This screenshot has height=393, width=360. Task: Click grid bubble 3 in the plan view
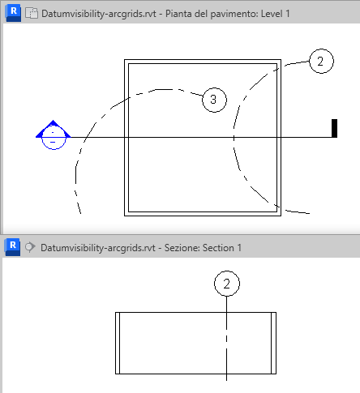[214, 100]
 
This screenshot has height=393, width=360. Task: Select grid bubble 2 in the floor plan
[321, 61]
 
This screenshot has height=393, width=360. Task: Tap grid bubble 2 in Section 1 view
[227, 284]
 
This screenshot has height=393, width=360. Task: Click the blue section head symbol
[54, 135]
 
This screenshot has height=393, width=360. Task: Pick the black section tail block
[334, 128]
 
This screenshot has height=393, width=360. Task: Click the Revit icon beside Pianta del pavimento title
[13, 13]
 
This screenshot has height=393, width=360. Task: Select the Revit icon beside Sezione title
[12, 247]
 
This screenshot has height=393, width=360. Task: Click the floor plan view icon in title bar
[32, 13]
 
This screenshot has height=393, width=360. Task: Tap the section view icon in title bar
[30, 247]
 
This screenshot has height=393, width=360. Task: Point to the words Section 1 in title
[222, 248]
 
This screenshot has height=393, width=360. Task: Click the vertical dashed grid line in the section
[226, 339]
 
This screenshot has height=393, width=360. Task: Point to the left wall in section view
[118, 343]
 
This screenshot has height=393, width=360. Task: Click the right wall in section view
[273, 343]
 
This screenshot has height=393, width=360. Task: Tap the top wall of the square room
[203, 62]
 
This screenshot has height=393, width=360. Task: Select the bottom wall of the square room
[203, 214]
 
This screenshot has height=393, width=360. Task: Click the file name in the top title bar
[99, 14]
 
